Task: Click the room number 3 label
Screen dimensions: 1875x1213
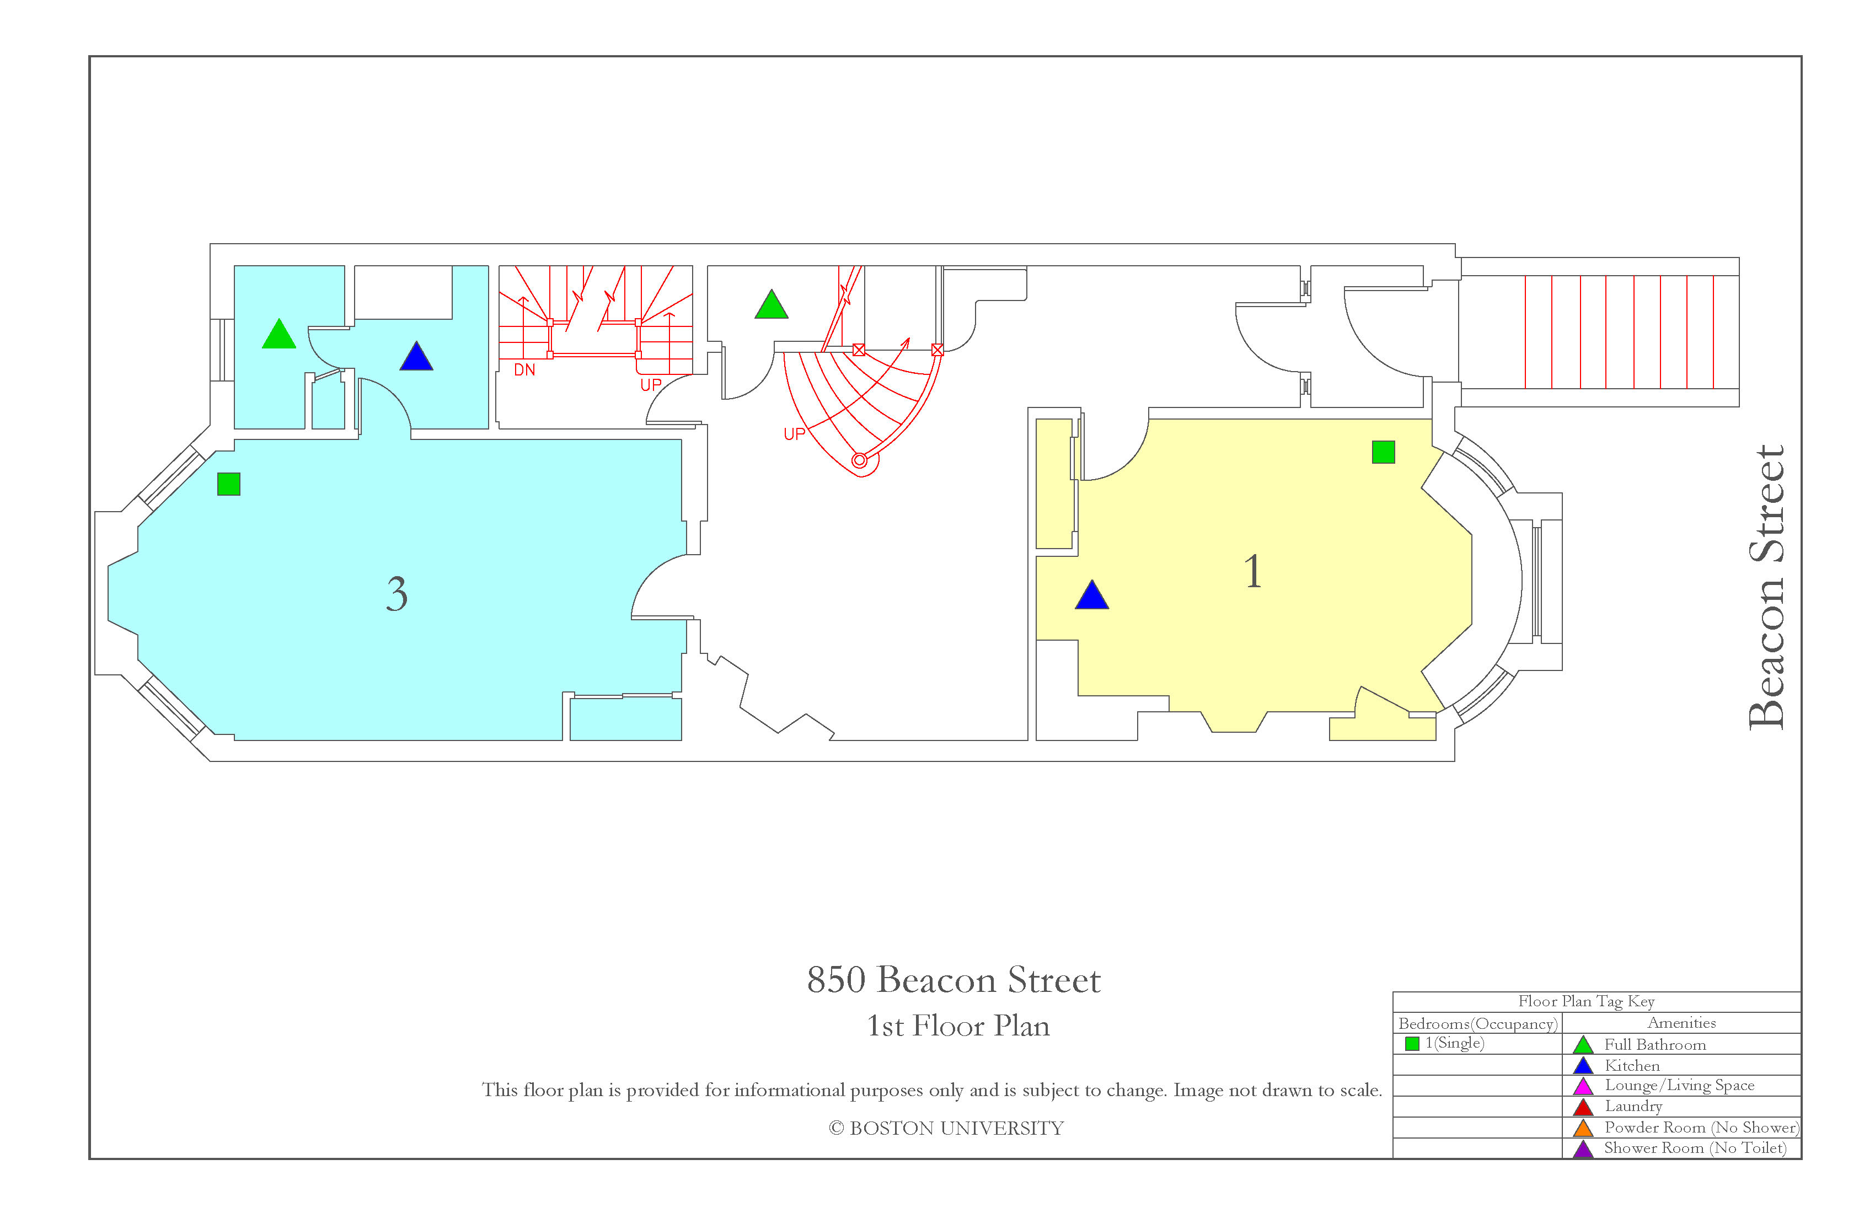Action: (x=397, y=594)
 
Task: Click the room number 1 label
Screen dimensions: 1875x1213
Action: (x=1252, y=571)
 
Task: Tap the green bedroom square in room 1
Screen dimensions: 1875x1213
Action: (x=1384, y=452)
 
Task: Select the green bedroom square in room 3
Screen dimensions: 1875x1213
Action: (x=228, y=484)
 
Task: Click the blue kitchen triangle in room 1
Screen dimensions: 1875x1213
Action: (x=1092, y=596)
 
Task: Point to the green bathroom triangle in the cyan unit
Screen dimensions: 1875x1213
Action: (x=279, y=335)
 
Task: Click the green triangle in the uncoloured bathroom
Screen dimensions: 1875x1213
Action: (x=772, y=305)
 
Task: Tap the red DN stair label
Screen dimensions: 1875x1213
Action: (x=524, y=370)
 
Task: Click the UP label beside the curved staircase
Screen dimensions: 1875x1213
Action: (x=794, y=433)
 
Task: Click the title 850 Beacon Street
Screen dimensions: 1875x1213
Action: (x=953, y=980)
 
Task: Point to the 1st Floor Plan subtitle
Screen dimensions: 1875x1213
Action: (x=958, y=1026)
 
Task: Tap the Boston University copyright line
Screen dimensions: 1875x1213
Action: (x=946, y=1128)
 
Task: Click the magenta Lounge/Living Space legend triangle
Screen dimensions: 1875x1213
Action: (x=1583, y=1087)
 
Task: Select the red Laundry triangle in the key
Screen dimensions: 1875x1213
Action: (x=1583, y=1108)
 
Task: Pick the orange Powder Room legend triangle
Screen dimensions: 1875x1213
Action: (x=1583, y=1129)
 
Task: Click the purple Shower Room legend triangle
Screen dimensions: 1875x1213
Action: (x=1583, y=1149)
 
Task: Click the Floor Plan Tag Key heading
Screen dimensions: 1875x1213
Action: (x=1586, y=1001)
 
